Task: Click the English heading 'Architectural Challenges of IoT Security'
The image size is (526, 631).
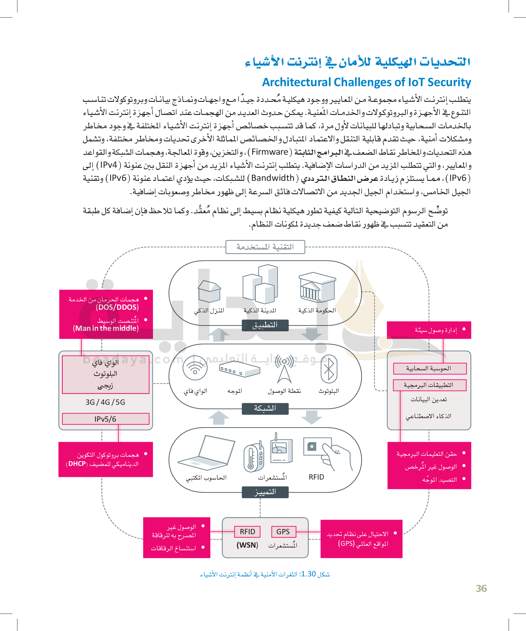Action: coord(366,82)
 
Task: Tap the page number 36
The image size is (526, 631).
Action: coord(481,588)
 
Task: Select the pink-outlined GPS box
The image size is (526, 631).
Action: coord(283,532)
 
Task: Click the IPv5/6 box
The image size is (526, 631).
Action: coord(105,419)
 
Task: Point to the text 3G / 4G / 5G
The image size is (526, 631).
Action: coord(105,402)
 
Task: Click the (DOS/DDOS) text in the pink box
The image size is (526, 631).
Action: coord(117,307)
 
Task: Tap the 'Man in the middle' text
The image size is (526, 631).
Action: coord(106,328)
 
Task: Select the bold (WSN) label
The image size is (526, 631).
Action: coord(247,545)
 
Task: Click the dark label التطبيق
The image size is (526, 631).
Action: coord(265,325)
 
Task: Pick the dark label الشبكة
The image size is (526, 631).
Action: coord(265,408)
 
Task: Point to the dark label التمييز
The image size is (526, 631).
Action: coord(265,492)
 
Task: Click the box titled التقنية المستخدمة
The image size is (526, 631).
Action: coord(265,247)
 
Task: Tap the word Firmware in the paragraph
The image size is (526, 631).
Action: coord(270,152)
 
